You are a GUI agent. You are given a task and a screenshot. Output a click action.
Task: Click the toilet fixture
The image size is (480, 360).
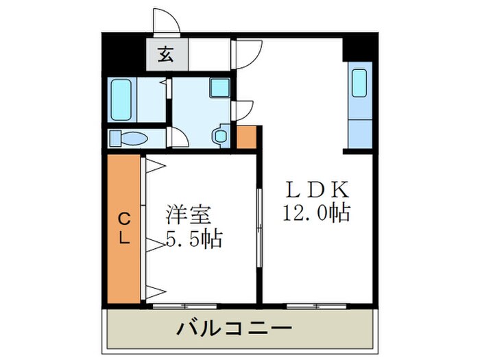(130, 138)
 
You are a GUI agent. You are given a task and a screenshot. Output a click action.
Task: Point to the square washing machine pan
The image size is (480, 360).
(219, 87)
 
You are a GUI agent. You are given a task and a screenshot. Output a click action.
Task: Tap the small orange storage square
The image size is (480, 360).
(246, 137)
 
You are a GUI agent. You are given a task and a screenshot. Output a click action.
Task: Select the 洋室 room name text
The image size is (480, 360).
(186, 214)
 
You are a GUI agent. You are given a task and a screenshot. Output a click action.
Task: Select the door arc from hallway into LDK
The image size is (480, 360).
(248, 54)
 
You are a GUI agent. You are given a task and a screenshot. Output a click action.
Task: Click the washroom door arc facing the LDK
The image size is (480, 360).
(244, 110)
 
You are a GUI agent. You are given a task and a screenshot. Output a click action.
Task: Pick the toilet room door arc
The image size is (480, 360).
(177, 136)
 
